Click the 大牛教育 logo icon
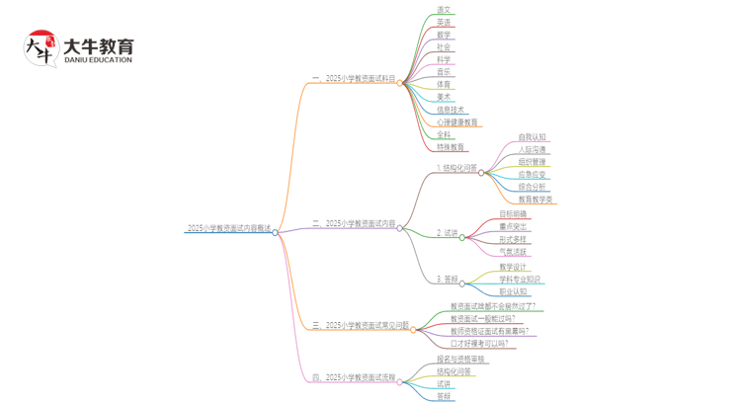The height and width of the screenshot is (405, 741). pyautogui.click(x=41, y=49)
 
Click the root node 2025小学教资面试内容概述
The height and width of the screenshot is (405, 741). pyautogui.click(x=228, y=228)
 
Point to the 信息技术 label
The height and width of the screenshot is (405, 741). pyautogui.click(x=450, y=110)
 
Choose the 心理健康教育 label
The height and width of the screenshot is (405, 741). pyautogui.click(x=456, y=122)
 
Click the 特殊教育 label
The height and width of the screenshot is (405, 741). pyautogui.click(x=450, y=147)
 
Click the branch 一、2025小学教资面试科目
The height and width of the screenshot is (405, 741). pyautogui.click(x=353, y=78)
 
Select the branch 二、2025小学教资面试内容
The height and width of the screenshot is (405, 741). pyautogui.click(x=353, y=223)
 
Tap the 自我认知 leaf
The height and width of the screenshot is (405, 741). pyautogui.click(x=532, y=137)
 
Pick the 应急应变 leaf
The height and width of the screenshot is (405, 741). pyautogui.click(x=532, y=174)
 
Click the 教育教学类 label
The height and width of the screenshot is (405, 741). pyautogui.click(x=535, y=199)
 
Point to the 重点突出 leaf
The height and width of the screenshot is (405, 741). pyautogui.click(x=513, y=226)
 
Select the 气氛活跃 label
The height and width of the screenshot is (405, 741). pyautogui.click(x=513, y=251)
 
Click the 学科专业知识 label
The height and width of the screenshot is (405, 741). pyautogui.click(x=520, y=279)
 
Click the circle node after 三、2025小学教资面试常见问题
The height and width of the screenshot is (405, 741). pyautogui.click(x=414, y=328)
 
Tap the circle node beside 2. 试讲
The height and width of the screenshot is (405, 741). pyautogui.click(x=461, y=237)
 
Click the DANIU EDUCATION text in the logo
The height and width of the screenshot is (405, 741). pyautogui.click(x=98, y=60)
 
